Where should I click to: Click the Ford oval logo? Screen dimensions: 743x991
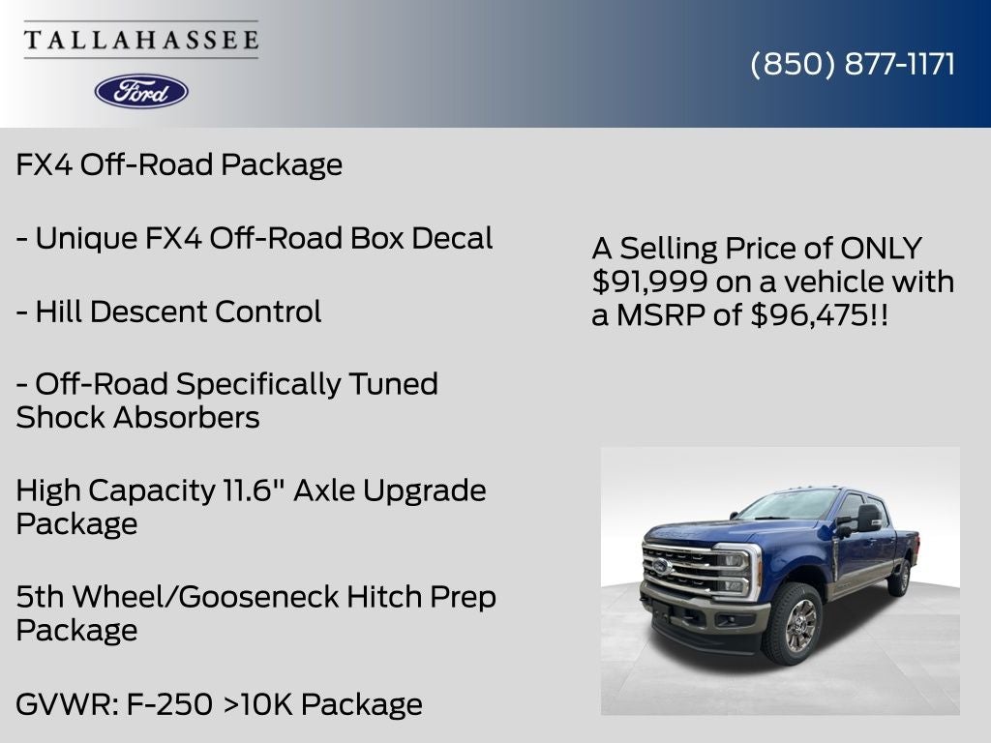(x=141, y=91)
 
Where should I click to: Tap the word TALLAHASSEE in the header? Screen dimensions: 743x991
(x=141, y=40)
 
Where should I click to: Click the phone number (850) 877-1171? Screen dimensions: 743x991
(x=853, y=64)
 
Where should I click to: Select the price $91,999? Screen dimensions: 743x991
(x=643, y=282)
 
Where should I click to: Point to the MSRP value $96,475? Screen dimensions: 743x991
(x=810, y=314)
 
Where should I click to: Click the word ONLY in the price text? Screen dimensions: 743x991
(x=880, y=248)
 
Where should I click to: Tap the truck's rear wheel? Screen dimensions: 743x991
(x=900, y=578)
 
